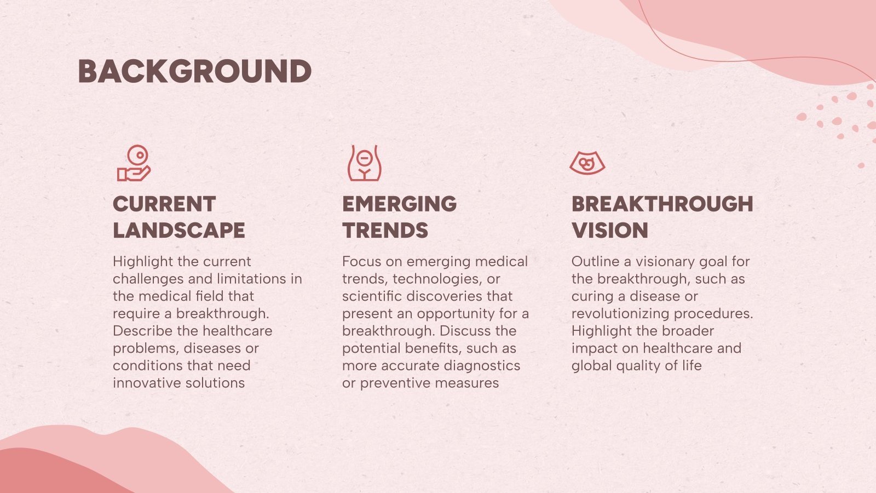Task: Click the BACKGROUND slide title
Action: coord(195,72)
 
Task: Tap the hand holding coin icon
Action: coord(134,163)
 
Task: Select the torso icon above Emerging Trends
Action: coord(365,163)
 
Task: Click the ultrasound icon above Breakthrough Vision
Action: coord(587,163)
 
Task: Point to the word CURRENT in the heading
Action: coord(164,204)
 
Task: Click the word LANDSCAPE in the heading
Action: coord(179,231)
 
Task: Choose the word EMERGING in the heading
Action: coord(400,204)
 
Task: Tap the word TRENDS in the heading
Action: coord(385,231)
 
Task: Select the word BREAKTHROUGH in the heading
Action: coord(662,204)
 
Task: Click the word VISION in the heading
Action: coord(610,231)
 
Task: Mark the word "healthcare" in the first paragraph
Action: coord(239,331)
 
